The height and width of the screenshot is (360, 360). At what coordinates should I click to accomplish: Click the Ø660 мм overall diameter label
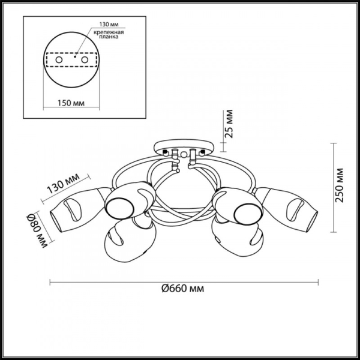pyautogui.click(x=182, y=289)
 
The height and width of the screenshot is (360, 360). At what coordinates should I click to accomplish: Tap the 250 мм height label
pyautogui.click(x=339, y=185)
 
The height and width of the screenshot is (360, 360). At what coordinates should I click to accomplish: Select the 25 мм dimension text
pyautogui.click(x=229, y=124)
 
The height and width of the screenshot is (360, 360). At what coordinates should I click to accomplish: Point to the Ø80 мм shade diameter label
pyautogui.click(x=37, y=231)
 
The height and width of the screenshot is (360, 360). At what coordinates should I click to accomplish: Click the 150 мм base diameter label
pyautogui.click(x=71, y=103)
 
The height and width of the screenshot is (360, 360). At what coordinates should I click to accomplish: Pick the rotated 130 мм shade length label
pyautogui.click(x=63, y=183)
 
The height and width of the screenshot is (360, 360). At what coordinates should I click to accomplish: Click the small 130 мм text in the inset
pyautogui.click(x=109, y=25)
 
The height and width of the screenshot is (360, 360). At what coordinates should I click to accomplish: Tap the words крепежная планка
pyautogui.click(x=109, y=34)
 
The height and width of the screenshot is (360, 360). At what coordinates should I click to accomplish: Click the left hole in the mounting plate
pyautogui.click(x=59, y=60)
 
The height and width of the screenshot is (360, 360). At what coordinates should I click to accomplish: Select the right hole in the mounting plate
pyautogui.click(x=85, y=60)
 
